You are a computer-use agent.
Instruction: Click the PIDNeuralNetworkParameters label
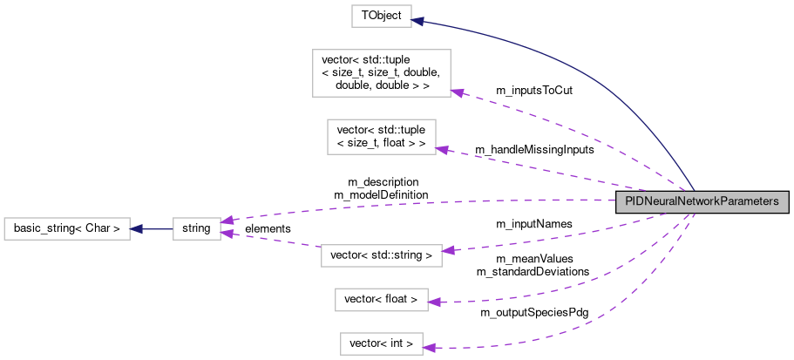702,201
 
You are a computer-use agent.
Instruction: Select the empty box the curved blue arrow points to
381,17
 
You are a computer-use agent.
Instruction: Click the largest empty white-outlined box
381,73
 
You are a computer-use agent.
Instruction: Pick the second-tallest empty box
381,137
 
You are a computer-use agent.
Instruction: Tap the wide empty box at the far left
66,229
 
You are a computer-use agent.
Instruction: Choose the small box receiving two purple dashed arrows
196,229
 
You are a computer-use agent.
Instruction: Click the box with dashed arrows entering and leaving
381,255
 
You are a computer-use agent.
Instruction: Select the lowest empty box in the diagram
381,344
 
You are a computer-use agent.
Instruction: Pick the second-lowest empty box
381,300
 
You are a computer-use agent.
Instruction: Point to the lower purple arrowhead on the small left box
227,234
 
